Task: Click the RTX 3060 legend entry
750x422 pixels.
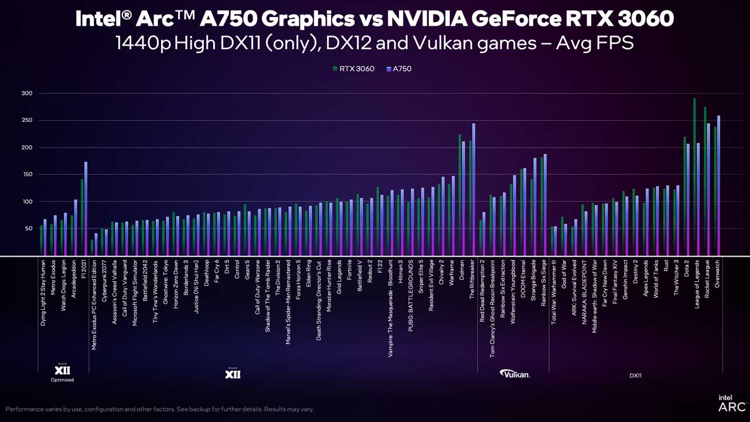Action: (353, 69)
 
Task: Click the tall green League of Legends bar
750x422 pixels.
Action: (694, 176)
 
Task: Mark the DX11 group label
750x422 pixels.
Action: (635, 375)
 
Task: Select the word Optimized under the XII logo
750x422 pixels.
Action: (62, 380)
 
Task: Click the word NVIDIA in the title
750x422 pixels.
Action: (425, 19)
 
